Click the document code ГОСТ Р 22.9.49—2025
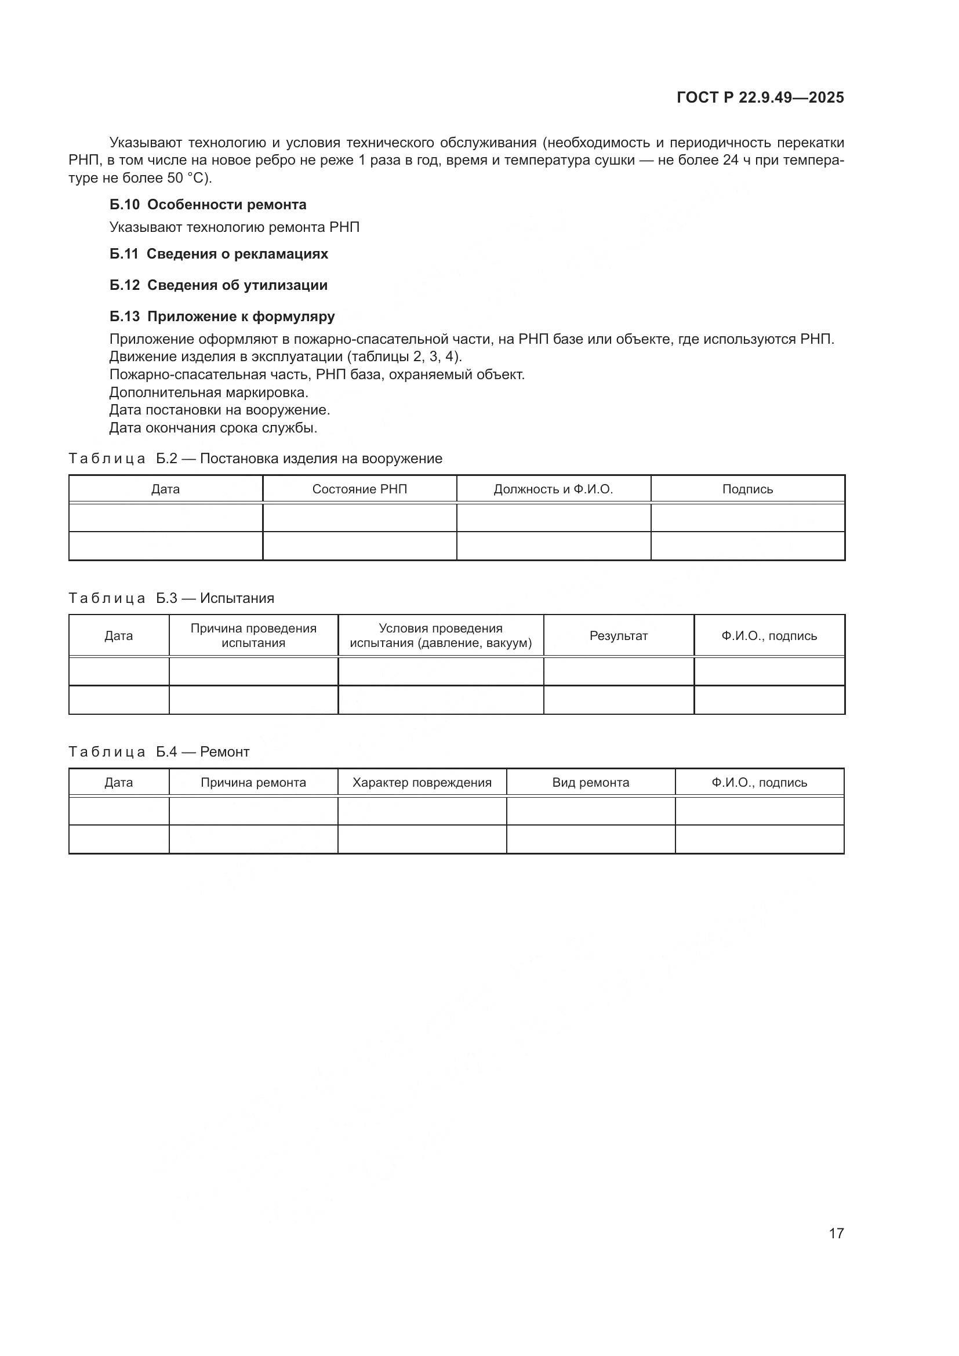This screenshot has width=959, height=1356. pyautogui.click(x=760, y=97)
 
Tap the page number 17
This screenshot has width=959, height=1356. pyautogui.click(x=836, y=1233)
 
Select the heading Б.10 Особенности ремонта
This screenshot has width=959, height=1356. pyautogui.click(x=208, y=205)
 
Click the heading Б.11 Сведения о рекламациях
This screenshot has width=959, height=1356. pyautogui.click(x=219, y=254)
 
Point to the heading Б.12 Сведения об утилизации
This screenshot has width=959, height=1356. pyautogui.click(x=219, y=285)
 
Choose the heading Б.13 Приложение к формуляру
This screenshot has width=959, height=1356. pyautogui.click(x=222, y=317)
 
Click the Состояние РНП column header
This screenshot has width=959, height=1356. pyautogui.click(x=359, y=489)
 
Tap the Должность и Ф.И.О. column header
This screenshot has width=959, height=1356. pyautogui.click(x=553, y=489)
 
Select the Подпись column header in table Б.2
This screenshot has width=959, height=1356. pyautogui.click(x=747, y=489)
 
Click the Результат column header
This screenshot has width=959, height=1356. pyautogui.click(x=618, y=635)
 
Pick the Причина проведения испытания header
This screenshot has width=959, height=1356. pyautogui.click(x=253, y=635)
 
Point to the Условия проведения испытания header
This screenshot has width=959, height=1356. pyautogui.click(x=441, y=635)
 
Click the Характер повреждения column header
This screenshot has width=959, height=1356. pyautogui.click(x=422, y=783)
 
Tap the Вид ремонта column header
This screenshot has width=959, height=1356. pyautogui.click(x=590, y=783)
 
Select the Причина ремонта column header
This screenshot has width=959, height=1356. pyautogui.click(x=253, y=783)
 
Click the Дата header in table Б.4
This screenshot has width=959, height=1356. pyautogui.click(x=119, y=783)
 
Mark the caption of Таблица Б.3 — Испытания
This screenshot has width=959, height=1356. pyautogui.click(x=171, y=598)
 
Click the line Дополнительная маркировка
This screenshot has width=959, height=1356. pyautogui.click(x=209, y=392)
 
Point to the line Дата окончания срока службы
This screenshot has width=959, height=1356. pyautogui.click(x=213, y=428)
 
